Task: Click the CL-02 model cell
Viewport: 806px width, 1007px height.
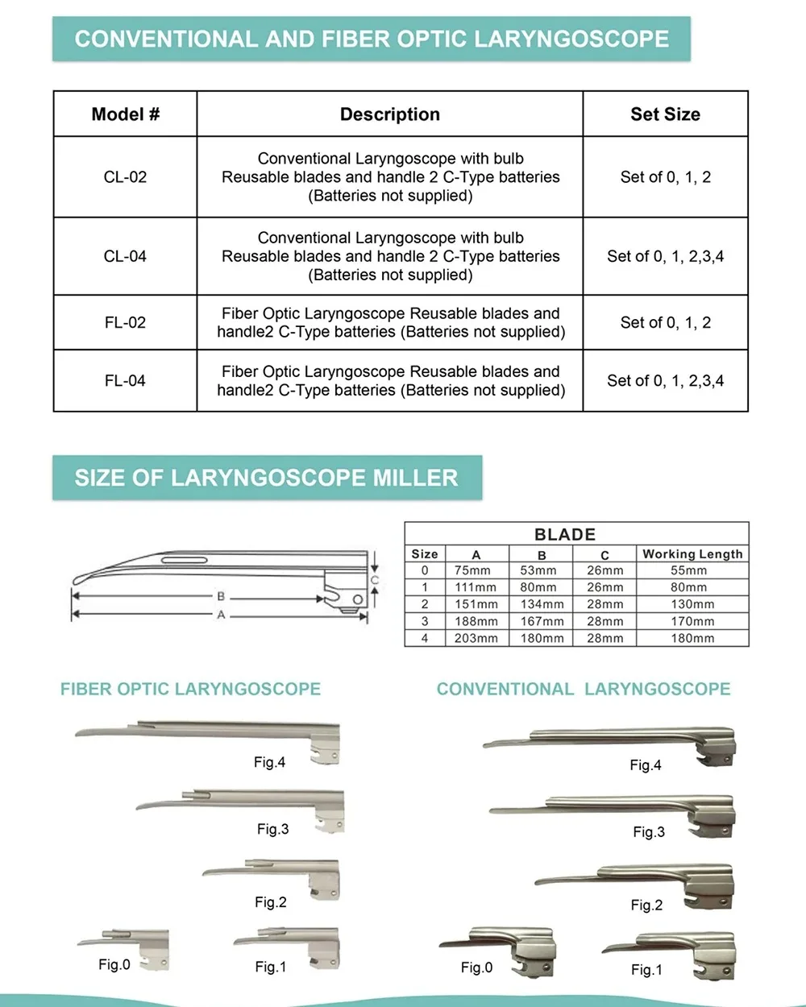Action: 125,177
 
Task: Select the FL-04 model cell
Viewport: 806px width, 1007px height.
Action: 125,381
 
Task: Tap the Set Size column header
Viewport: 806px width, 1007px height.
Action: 665,114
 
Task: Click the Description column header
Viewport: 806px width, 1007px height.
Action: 390,114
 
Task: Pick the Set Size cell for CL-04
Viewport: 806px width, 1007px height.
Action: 665,256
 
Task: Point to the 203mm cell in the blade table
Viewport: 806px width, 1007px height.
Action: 476,638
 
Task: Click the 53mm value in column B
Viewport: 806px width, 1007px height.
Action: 542,570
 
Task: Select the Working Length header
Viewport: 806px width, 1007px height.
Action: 692,554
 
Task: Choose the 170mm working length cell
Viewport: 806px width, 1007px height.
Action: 692,621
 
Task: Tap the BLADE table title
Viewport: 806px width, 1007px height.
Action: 565,534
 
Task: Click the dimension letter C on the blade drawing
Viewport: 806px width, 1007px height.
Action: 374,580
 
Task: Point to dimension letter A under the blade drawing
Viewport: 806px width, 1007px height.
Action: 221,615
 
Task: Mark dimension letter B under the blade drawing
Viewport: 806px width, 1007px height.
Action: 221,597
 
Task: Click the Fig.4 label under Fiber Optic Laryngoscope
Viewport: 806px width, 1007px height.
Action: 269,762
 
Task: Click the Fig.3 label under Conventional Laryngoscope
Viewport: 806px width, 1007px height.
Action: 649,832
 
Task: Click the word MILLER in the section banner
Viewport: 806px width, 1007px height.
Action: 415,478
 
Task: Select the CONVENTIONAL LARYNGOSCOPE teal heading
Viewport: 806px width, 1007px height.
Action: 584,690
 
